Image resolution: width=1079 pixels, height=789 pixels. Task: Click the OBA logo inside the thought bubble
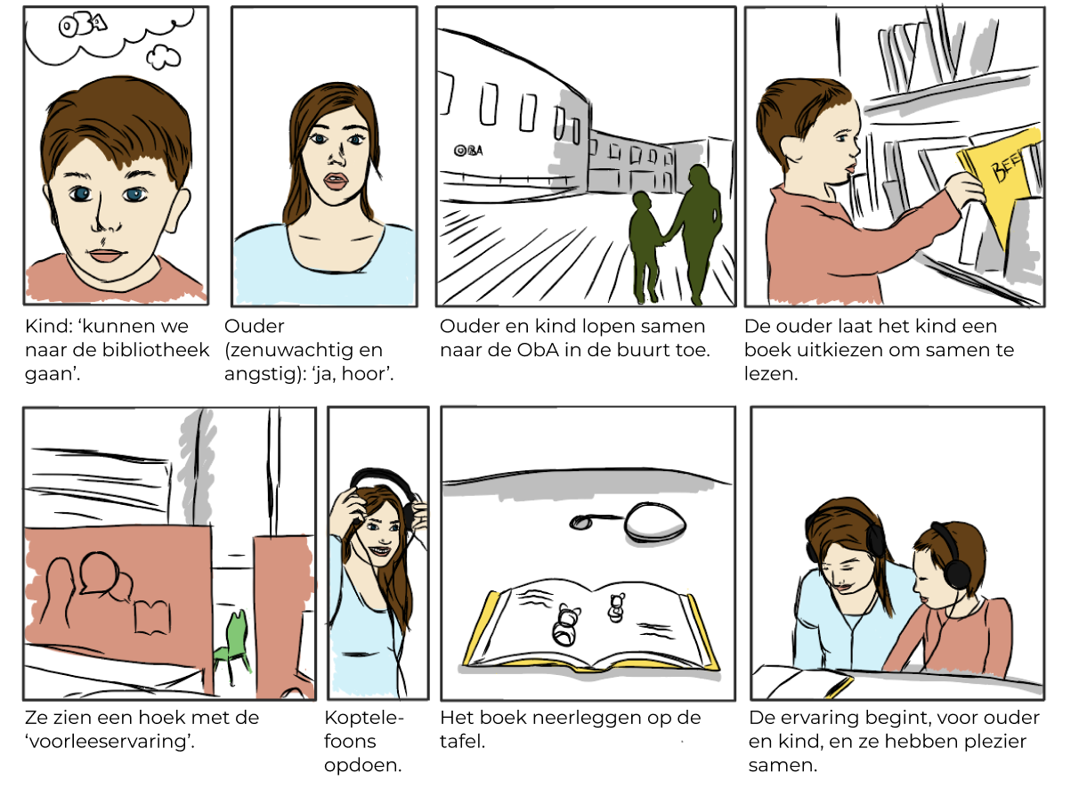pyautogui.click(x=83, y=26)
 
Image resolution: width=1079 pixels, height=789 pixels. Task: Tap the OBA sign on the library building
pyautogui.click(x=468, y=150)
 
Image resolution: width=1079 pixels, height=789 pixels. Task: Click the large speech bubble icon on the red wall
pyautogui.click(x=99, y=573)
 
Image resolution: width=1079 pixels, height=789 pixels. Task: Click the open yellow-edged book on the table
pyautogui.click(x=591, y=627)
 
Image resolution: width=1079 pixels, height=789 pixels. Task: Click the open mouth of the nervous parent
pyautogui.click(x=336, y=182)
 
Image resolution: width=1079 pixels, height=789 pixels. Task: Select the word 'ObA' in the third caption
pyautogui.click(x=538, y=350)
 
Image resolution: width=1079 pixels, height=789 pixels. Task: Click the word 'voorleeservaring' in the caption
pyautogui.click(x=109, y=742)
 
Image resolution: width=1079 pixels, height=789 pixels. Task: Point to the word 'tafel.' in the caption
pyautogui.click(x=462, y=742)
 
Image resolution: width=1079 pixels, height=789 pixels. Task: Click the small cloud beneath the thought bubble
pyautogui.click(x=163, y=58)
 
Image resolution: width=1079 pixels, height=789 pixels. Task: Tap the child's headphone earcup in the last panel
pyautogui.click(x=957, y=573)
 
